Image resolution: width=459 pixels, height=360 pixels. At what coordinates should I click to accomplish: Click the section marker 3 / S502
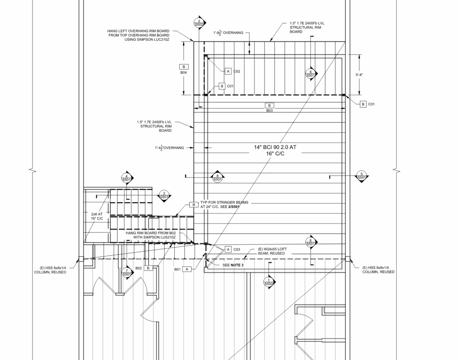tap(199, 22)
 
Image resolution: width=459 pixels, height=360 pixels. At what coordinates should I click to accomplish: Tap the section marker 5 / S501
tap(361, 176)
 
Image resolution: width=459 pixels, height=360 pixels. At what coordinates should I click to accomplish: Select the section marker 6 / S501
tap(311, 242)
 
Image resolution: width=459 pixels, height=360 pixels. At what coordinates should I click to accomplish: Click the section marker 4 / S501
tap(127, 178)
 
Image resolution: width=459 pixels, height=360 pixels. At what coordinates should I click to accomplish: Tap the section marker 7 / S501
tap(127, 272)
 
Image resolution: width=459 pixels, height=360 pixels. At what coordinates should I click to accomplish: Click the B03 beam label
tap(269, 108)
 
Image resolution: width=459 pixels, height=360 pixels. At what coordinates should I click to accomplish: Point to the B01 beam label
tap(178, 269)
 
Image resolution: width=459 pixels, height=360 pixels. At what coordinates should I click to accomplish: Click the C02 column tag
tap(237, 71)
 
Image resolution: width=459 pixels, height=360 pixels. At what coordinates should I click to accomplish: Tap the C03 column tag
tap(237, 249)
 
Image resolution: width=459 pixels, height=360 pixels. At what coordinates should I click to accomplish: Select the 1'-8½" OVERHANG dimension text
tap(228, 33)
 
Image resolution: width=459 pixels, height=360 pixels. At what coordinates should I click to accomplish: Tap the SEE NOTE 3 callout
tap(234, 265)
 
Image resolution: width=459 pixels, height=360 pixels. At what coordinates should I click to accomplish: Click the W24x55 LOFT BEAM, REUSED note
tap(271, 251)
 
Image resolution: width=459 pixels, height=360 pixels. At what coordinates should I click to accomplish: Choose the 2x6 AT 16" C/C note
tap(97, 216)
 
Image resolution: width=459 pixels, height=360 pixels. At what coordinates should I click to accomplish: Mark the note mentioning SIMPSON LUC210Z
tap(139, 35)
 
